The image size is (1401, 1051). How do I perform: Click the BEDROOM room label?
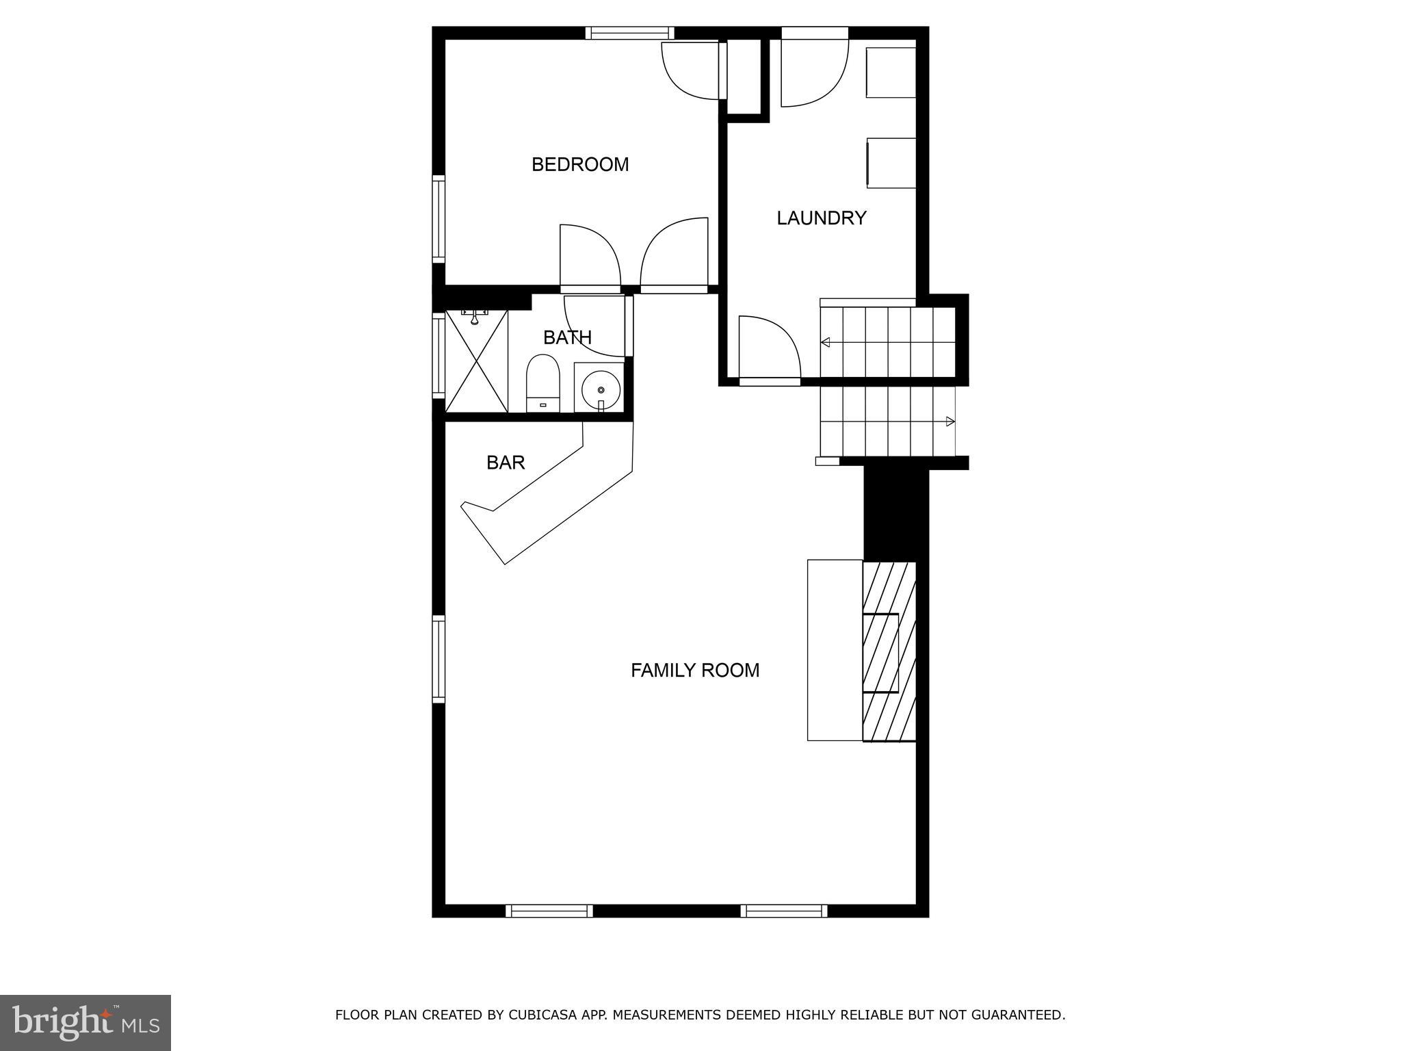click(580, 164)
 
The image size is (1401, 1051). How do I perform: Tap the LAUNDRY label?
click(821, 218)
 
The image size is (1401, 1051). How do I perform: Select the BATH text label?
click(567, 337)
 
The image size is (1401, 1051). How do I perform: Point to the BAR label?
click(506, 463)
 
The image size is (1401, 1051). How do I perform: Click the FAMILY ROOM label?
click(695, 670)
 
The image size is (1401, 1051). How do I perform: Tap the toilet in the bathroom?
click(542, 385)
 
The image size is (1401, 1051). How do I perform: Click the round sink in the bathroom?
click(601, 390)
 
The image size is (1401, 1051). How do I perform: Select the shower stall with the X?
click(476, 361)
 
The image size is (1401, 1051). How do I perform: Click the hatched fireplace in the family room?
click(889, 651)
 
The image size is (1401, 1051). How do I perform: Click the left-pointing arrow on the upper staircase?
click(826, 342)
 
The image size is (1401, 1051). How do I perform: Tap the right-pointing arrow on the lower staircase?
click(950, 421)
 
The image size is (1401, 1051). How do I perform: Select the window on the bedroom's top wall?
click(629, 32)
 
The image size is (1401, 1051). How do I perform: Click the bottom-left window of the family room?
click(549, 911)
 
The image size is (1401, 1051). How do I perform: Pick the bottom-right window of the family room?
click(783, 911)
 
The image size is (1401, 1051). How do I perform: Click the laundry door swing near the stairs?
click(770, 349)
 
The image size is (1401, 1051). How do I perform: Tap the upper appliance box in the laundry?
click(891, 73)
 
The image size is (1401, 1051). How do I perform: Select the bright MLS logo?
click(86, 1023)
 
